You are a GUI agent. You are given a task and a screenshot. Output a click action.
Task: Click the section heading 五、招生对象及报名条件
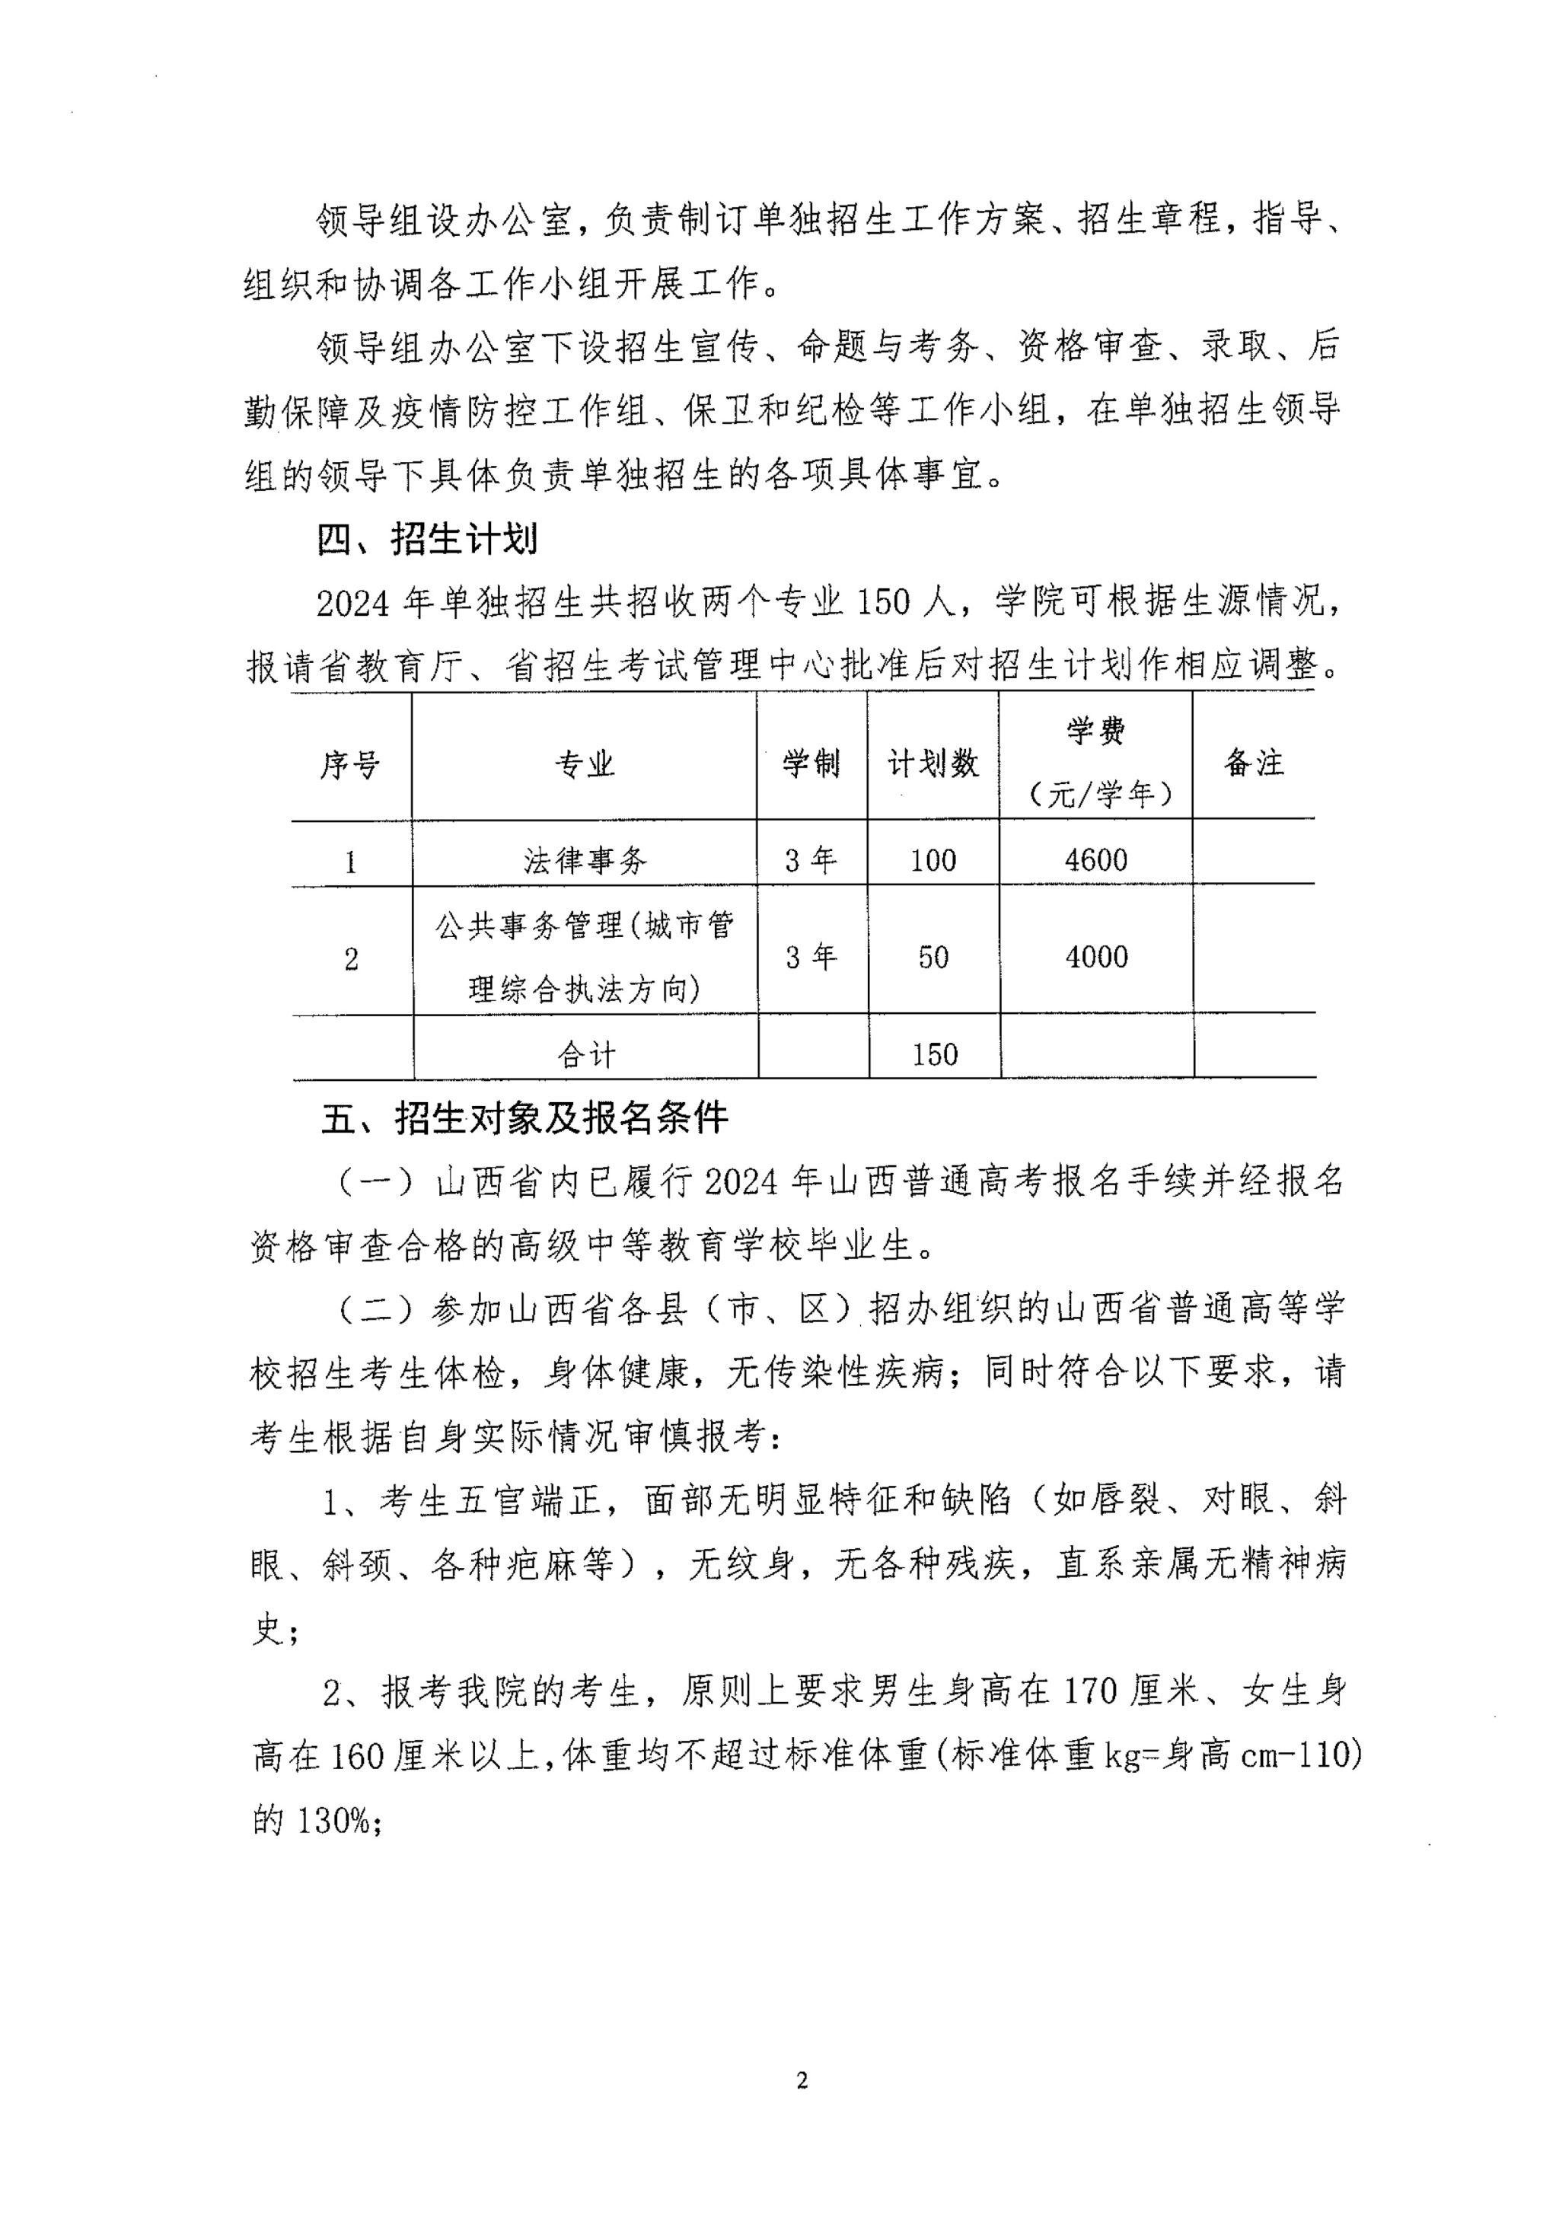coord(524,1117)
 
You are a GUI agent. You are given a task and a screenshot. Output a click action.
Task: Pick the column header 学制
coord(811,763)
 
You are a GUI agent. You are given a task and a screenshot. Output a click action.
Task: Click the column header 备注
coord(1253,763)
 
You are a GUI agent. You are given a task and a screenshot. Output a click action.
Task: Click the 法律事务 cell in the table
coord(584,860)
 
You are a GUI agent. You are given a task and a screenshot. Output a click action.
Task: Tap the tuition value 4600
coord(1095,860)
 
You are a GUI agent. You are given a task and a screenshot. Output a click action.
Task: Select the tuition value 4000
coord(1096,957)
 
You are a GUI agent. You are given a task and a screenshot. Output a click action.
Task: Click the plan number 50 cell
coord(933,957)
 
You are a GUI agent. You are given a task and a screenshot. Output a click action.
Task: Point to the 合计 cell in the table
coord(586,1054)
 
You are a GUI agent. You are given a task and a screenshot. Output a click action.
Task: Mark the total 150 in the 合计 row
coord(934,1054)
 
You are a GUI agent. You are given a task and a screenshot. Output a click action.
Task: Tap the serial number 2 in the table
coord(351,959)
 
